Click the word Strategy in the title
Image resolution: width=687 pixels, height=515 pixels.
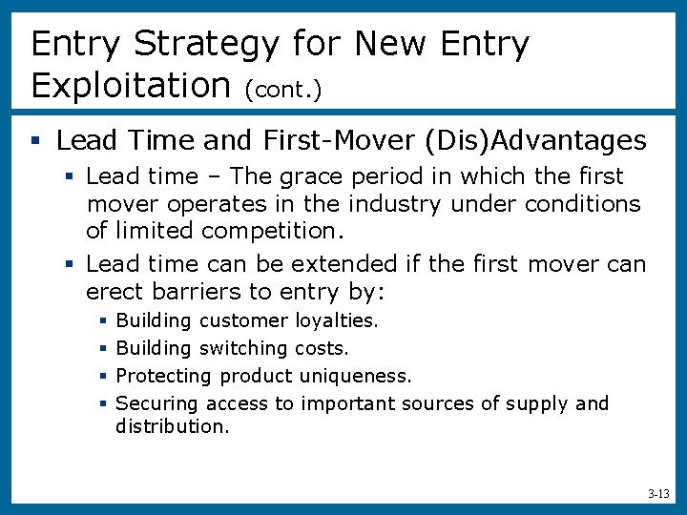pos(207,45)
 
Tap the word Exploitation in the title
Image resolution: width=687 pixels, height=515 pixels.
pos(132,86)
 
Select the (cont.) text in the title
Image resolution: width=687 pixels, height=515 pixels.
pos(283,90)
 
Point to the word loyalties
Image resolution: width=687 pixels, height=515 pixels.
pos(337,321)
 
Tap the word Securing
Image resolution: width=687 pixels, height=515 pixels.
pos(157,403)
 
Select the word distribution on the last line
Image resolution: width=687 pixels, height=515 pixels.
pos(172,426)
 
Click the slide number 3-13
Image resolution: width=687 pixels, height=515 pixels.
pos(657,494)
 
